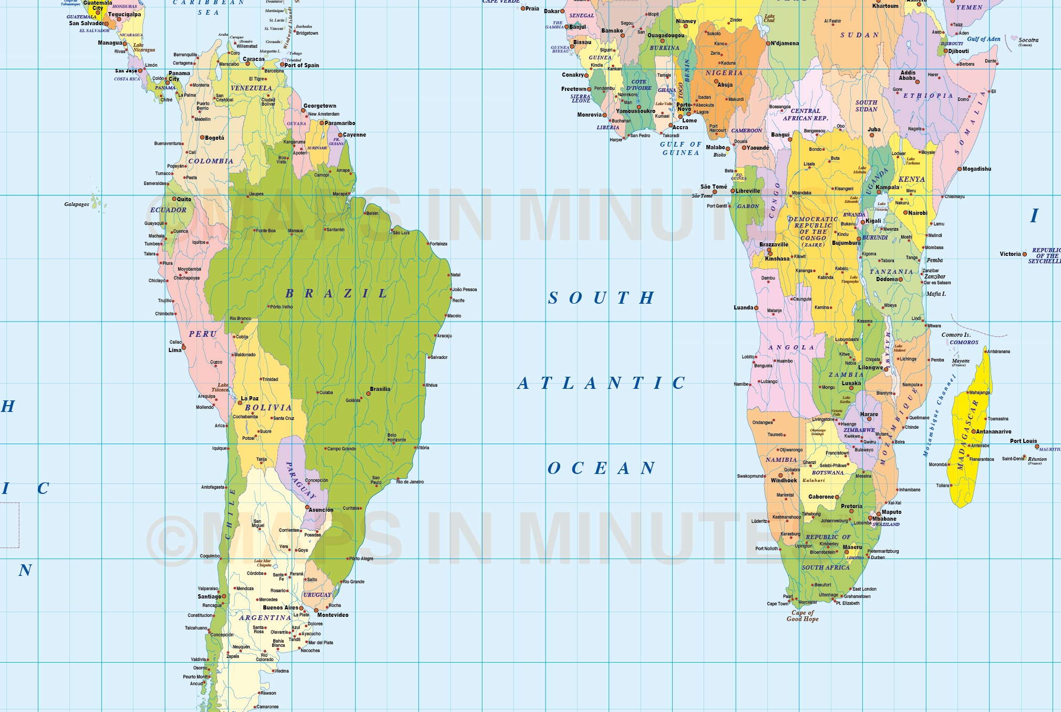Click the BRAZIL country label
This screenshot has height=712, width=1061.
coord(336,293)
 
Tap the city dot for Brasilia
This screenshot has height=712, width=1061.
coord(368,394)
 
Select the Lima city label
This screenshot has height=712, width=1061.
coord(174,350)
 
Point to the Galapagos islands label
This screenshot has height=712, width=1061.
coord(77,204)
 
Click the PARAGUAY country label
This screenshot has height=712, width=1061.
coord(300,480)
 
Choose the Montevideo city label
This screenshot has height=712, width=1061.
coord(333,615)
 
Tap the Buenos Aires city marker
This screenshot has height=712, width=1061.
coord(301,608)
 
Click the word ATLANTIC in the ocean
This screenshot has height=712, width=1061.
coord(601,383)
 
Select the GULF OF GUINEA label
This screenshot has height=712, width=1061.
coord(681,148)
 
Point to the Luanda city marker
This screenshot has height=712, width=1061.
coord(756,308)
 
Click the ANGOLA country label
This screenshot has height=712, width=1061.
coord(791,348)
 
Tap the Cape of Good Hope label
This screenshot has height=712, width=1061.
coord(802,616)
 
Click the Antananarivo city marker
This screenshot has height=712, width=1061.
coord(973,432)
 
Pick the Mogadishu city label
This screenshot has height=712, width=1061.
coord(977,169)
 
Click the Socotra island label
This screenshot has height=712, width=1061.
coord(1028,40)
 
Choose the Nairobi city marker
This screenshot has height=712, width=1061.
coord(905,213)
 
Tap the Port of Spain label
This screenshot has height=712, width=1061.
coord(302,65)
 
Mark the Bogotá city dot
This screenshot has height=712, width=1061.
coord(202,138)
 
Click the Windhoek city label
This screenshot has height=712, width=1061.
coord(784,480)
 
